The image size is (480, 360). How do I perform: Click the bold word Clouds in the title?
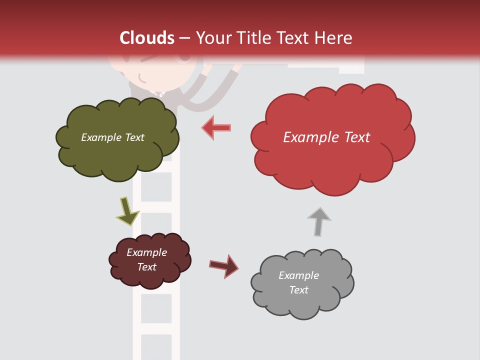pyautogui.click(x=147, y=38)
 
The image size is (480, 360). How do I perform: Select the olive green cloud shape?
pyautogui.click(x=117, y=138)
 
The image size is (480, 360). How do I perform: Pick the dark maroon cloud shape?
pyautogui.click(x=149, y=260)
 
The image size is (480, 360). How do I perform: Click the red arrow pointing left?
pyautogui.click(x=216, y=127)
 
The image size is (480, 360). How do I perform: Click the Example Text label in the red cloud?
pyautogui.click(x=326, y=137)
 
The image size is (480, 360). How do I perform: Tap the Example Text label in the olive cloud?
pyautogui.click(x=112, y=137)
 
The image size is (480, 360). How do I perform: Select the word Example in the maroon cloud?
pyautogui.click(x=146, y=252)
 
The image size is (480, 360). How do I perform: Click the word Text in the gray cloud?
pyautogui.click(x=298, y=290)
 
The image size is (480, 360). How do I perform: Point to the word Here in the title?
pyautogui.click(x=335, y=38)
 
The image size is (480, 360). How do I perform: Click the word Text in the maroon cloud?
pyautogui.click(x=146, y=267)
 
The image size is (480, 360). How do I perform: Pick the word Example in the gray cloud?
pyautogui.click(x=298, y=275)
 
